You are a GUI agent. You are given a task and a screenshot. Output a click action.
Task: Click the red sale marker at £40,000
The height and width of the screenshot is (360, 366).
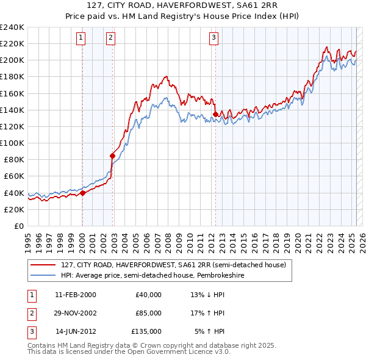tap(82, 193)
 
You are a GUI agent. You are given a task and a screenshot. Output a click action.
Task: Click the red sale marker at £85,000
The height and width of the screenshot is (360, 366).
tap(113, 156)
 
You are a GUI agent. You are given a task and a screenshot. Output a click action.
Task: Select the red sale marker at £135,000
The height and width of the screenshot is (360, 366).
tap(215, 114)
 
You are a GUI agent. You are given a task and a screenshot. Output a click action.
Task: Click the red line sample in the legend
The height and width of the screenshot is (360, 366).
tap(43, 265)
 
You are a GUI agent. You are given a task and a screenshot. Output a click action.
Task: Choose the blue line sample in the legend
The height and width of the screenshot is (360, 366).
tap(43, 276)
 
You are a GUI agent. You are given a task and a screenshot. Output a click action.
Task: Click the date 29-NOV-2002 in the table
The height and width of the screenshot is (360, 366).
tap(76, 313)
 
